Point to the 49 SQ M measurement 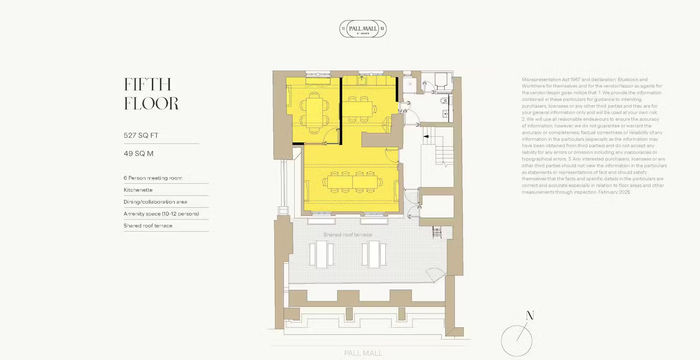(142, 156)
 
